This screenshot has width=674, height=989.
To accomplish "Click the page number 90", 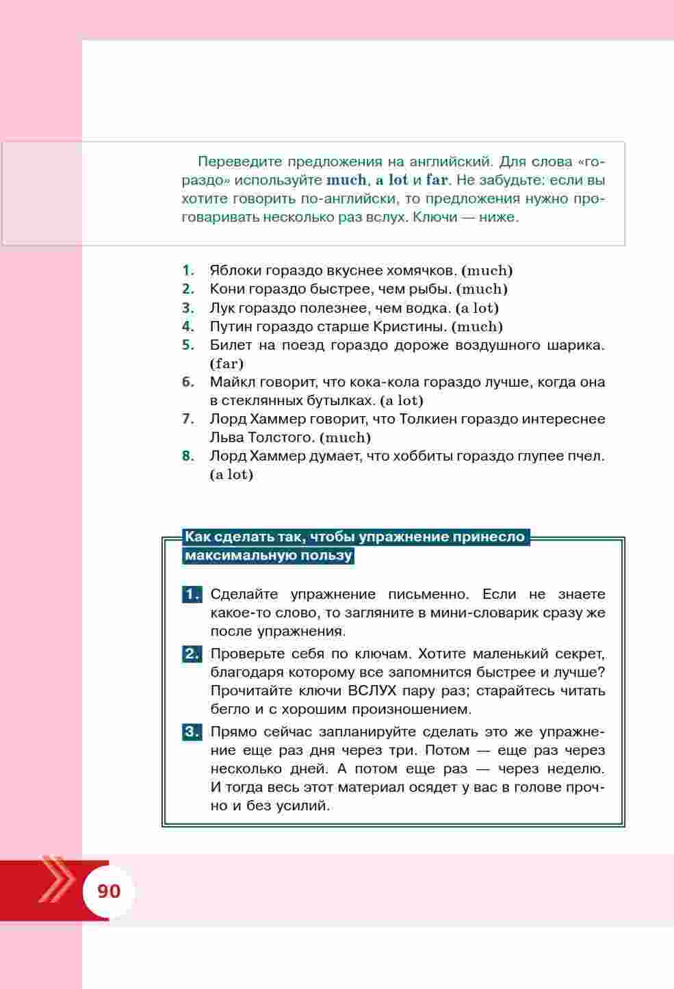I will (x=109, y=891).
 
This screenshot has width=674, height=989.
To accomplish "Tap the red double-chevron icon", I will (x=58, y=879).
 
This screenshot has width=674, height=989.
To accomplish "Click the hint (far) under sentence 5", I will (x=226, y=363).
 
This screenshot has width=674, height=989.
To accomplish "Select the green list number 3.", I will (x=188, y=308).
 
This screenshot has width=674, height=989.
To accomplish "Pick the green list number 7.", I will (x=188, y=419).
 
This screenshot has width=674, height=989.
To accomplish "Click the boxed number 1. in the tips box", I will (x=192, y=594).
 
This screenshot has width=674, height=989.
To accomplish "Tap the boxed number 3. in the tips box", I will (x=192, y=732).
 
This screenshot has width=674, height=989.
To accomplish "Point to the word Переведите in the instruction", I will (x=239, y=162).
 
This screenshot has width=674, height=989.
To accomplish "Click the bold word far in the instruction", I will (x=437, y=181).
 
